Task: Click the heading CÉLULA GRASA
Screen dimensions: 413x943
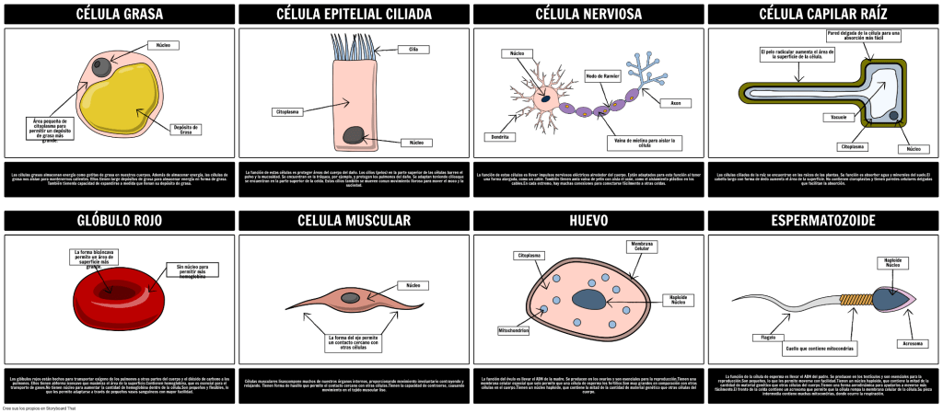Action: (x=120, y=14)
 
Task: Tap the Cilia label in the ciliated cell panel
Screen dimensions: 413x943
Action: (x=413, y=49)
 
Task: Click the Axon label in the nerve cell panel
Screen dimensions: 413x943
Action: (x=675, y=103)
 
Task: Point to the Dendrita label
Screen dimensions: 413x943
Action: (x=499, y=136)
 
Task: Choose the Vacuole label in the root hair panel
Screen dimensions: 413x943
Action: (x=839, y=118)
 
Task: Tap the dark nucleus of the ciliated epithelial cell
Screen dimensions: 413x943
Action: (x=353, y=136)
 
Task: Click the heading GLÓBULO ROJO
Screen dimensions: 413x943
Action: (x=120, y=221)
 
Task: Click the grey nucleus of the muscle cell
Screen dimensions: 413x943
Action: (x=350, y=297)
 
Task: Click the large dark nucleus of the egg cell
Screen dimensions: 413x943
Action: (x=588, y=299)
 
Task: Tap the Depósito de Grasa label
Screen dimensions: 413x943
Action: (x=185, y=130)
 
